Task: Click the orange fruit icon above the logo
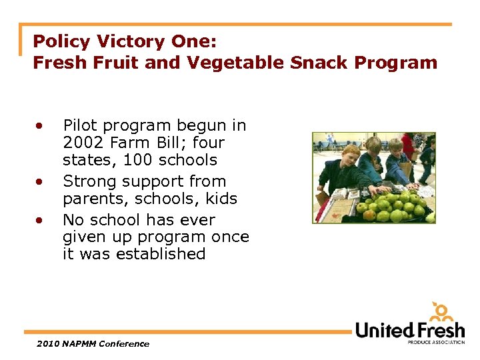tap(441, 311)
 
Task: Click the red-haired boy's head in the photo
tap(347, 157)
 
